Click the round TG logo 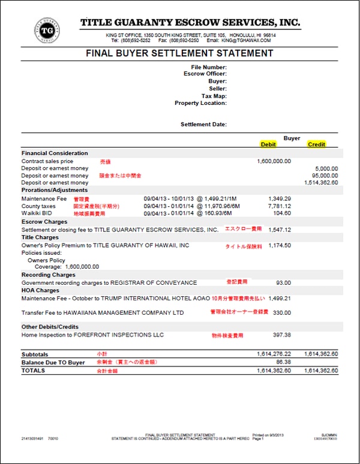pyautogui.click(x=47, y=31)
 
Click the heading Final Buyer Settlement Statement pyautogui.click(x=179, y=53)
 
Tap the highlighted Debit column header pyautogui.click(x=268, y=144)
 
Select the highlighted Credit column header pyautogui.click(x=316, y=144)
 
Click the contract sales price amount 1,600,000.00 pyautogui.click(x=274, y=161)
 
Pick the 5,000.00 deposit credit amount pyautogui.click(x=326, y=168)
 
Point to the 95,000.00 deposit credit pyautogui.click(x=325, y=176)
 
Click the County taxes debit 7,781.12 pyautogui.click(x=280, y=206)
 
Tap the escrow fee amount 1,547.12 pyautogui.click(x=280, y=230)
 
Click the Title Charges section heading pyautogui.click(x=41, y=237)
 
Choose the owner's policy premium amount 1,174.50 pyautogui.click(x=280, y=245)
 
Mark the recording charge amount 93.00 pyautogui.click(x=284, y=282)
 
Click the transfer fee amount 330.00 pyautogui.click(x=282, y=312)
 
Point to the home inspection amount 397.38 pyautogui.click(x=281, y=335)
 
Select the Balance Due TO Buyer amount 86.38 pyautogui.click(x=283, y=363)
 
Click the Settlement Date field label pyautogui.click(x=203, y=125)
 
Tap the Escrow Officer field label pyautogui.click(x=205, y=74)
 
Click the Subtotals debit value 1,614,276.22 pyautogui.click(x=274, y=354)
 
